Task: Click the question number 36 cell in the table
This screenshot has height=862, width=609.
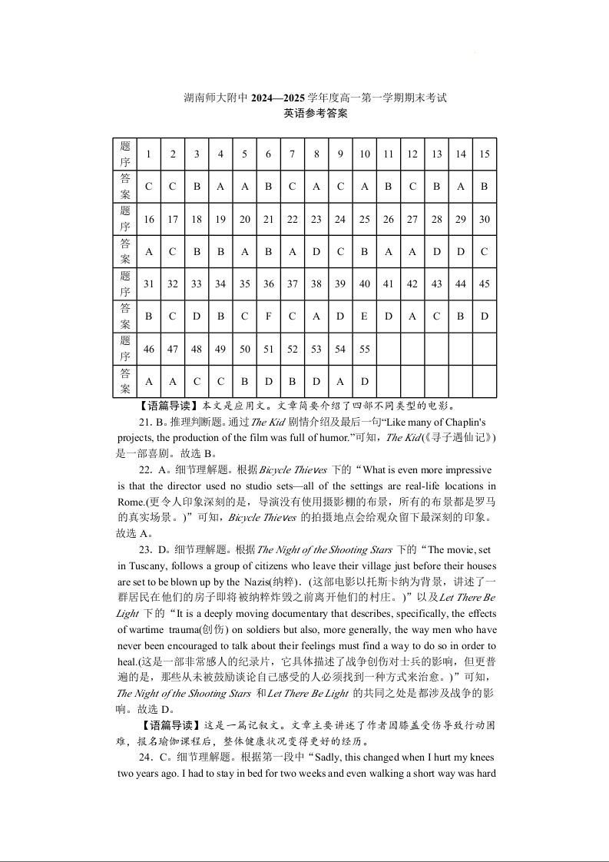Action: point(268,284)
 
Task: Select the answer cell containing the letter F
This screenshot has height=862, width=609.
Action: point(268,317)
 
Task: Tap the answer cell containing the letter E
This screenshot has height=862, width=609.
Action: point(365,317)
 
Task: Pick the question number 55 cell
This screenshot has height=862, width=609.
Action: point(365,350)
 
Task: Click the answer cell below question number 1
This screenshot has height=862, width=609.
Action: point(148,187)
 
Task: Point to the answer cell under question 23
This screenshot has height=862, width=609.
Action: point(316,251)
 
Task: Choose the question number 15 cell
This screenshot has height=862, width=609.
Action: point(485,154)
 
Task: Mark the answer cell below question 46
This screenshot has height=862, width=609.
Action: point(148,382)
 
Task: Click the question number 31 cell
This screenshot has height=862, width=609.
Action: point(148,284)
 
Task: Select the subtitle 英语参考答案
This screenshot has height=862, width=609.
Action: point(315,114)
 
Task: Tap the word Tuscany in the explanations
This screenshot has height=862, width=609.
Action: point(141,566)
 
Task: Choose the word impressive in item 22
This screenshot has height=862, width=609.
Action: point(461,470)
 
